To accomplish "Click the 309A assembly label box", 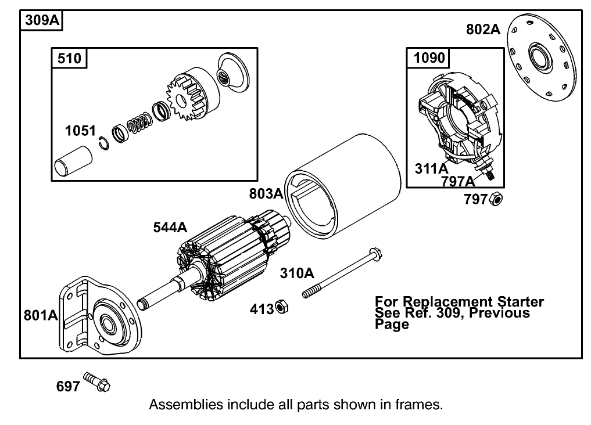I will tap(42, 20).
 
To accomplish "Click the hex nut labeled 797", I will tap(496, 199).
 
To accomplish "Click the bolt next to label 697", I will tap(98, 381).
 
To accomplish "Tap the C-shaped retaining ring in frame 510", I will tap(104, 142).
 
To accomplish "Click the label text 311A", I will tap(431, 168).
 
